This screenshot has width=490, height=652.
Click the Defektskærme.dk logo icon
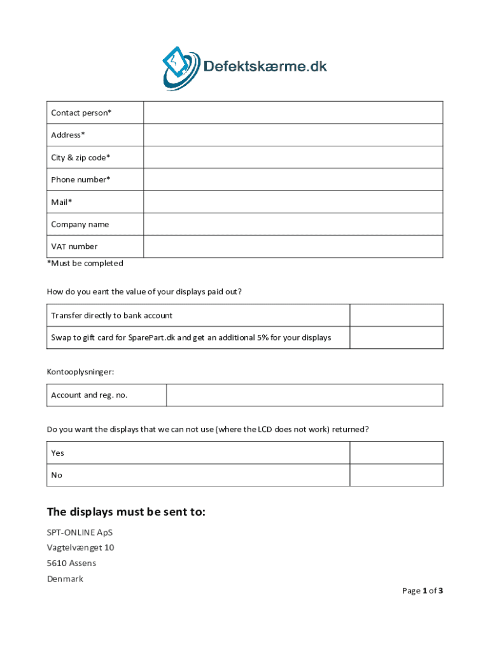pyautogui.click(x=181, y=66)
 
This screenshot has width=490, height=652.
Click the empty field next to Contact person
pyautogui.click(x=293, y=113)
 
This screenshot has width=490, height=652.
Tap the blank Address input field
pyautogui.click(x=293, y=135)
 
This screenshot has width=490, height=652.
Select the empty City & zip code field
pyautogui.click(x=293, y=157)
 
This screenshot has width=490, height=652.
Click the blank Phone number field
pyautogui.click(x=293, y=180)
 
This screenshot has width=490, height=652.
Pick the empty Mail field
pyautogui.click(x=293, y=202)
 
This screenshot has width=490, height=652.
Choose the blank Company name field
pyautogui.click(x=293, y=224)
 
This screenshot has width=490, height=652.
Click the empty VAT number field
pyautogui.click(x=293, y=246)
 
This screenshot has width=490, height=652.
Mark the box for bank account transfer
pyautogui.click(x=396, y=315)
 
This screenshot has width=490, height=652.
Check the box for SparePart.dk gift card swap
pyautogui.click(x=396, y=337)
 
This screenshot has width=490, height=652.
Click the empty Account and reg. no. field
pyautogui.click(x=304, y=395)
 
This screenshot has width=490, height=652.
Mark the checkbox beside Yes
pyautogui.click(x=396, y=453)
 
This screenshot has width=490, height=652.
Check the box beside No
pyautogui.click(x=396, y=475)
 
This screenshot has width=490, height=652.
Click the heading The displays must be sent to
pyautogui.click(x=126, y=513)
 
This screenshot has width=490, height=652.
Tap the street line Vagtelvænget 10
pyautogui.click(x=80, y=548)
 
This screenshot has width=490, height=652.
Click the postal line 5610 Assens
pyautogui.click(x=71, y=563)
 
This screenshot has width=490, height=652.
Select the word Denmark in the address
pyautogui.click(x=65, y=579)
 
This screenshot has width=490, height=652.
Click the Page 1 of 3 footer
pyautogui.click(x=422, y=591)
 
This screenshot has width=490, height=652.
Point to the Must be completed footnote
pyautogui.click(x=85, y=263)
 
